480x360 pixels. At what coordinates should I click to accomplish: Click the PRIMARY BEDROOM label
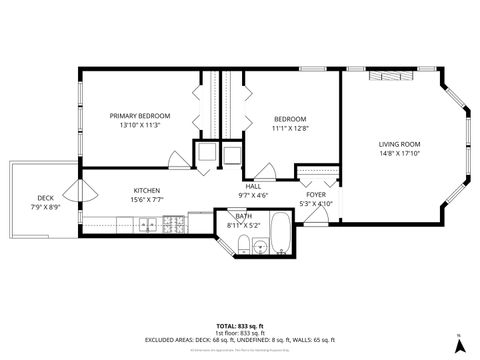140,116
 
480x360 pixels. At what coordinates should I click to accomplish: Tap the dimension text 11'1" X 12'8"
289,128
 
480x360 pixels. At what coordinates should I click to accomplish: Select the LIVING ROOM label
399,144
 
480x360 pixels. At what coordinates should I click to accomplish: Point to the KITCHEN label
148,190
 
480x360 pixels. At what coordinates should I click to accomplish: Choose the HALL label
253,186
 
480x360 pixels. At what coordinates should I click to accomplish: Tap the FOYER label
316,195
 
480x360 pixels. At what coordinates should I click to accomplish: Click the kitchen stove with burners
147,226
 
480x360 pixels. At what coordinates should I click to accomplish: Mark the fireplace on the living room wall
384,76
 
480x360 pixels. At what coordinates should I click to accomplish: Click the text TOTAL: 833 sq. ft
240,326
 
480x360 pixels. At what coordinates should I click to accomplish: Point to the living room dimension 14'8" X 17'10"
399,153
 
